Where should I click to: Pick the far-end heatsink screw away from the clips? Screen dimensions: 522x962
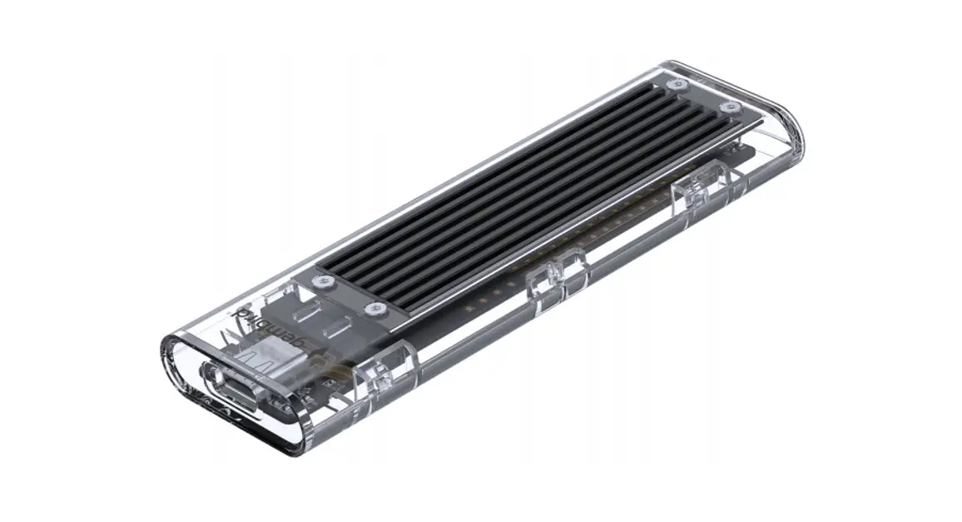coord(681,84)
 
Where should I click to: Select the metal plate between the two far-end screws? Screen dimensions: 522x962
coord(707,96)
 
